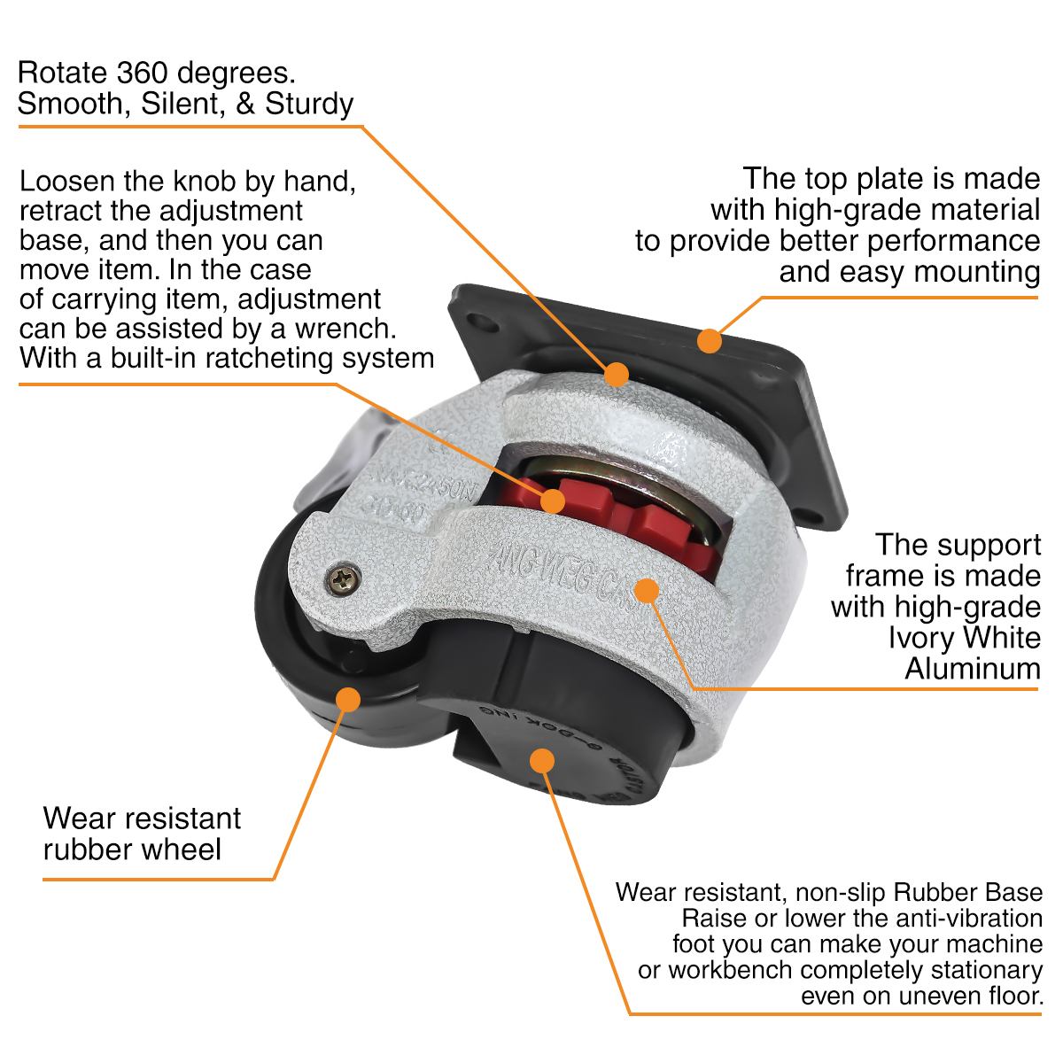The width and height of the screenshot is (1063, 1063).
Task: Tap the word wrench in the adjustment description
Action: [x=349, y=329]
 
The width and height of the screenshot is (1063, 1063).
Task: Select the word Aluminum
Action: [x=972, y=669]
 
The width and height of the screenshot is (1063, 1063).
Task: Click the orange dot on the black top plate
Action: [x=709, y=340]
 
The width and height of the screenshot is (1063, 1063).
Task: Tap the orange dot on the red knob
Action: [x=552, y=500]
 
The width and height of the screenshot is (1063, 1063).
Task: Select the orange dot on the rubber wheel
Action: [x=348, y=698]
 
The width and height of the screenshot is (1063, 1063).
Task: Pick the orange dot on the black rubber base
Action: [x=541, y=760]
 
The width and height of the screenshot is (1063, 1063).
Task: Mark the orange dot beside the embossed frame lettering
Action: [x=648, y=590]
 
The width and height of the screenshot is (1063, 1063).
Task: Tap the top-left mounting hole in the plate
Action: [x=479, y=320]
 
